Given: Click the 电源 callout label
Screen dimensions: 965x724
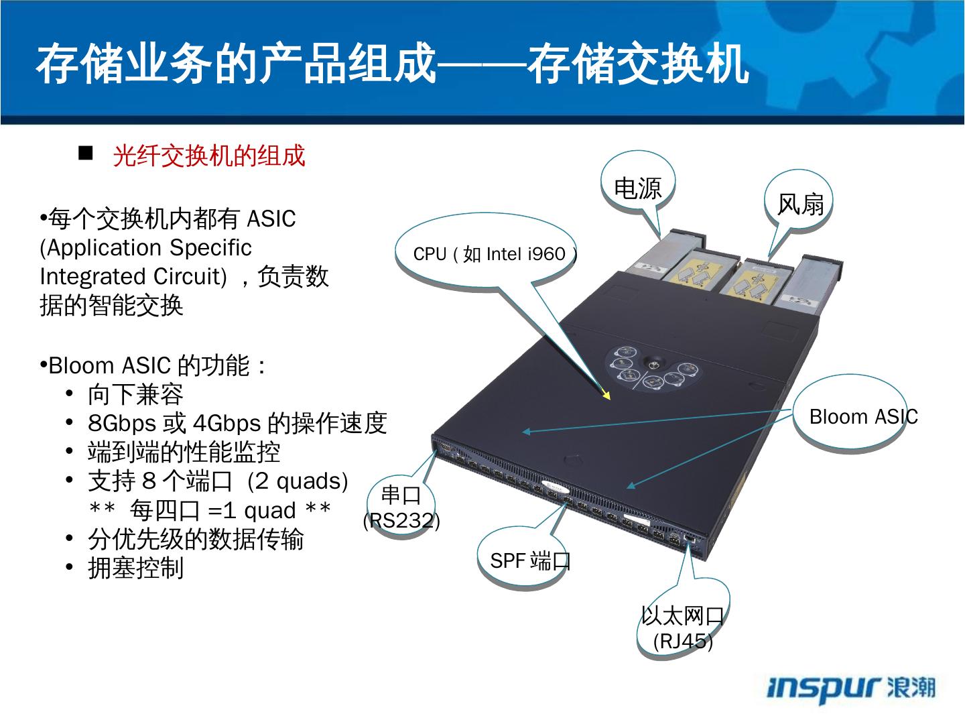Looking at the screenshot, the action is pyautogui.click(x=637, y=188).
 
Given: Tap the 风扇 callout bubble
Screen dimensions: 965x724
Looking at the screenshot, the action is pyautogui.click(x=799, y=204).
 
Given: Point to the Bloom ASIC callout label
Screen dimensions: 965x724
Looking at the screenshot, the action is pyautogui.click(x=863, y=417).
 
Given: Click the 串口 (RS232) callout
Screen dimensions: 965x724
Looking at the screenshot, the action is pyautogui.click(x=401, y=507).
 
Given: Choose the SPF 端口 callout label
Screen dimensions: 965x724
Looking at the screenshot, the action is pyautogui.click(x=529, y=560).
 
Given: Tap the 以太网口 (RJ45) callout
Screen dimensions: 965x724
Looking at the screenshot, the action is pyautogui.click(x=683, y=627).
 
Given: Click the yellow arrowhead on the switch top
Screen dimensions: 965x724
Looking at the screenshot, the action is pyautogui.click(x=606, y=394).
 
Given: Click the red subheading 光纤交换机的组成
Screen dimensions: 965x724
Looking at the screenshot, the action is pyautogui.click(x=209, y=156).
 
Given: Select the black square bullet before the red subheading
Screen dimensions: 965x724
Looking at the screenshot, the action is pyautogui.click(x=85, y=154).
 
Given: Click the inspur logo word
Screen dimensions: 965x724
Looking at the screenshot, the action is pyautogui.click(x=824, y=688).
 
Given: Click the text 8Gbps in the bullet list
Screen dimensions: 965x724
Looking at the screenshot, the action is pyautogui.click(x=121, y=424).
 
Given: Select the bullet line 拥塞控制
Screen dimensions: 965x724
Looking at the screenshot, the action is pyautogui.click(x=135, y=568).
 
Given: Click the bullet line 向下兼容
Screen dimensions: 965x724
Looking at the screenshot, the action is pyautogui.click(x=135, y=395).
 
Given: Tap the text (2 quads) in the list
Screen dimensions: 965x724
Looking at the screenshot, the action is pyautogui.click(x=298, y=481).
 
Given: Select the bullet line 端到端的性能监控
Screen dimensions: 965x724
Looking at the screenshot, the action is pyautogui.click(x=184, y=452).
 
